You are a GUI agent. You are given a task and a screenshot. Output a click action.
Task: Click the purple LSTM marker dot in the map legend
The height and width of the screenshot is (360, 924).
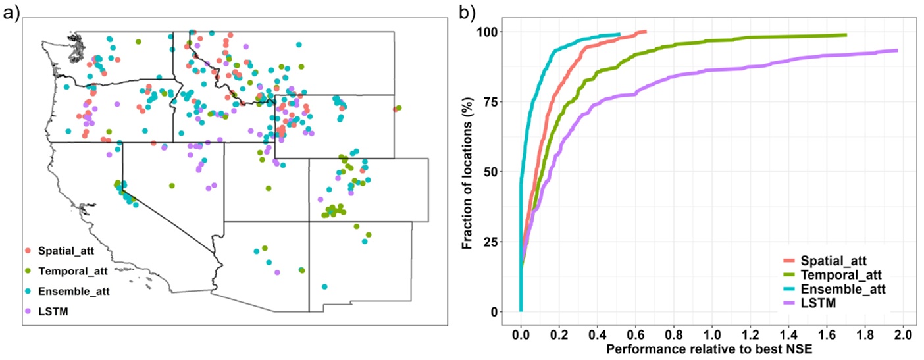pyautogui.click(x=27, y=310)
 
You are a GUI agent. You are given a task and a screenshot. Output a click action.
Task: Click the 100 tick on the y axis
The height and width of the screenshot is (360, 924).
pyautogui.click(x=486, y=32)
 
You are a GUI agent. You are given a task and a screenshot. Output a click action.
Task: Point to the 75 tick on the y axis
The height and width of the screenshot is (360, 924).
pyautogui.click(x=489, y=102)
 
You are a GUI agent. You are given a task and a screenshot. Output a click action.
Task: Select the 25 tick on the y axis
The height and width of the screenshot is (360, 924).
pyautogui.click(x=489, y=242)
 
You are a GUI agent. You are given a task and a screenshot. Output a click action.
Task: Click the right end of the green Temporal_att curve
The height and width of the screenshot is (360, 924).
pyautogui.click(x=846, y=35)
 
